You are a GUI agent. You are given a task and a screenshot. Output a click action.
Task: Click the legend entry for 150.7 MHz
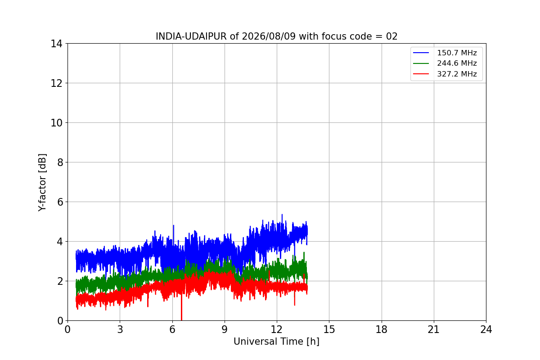457,53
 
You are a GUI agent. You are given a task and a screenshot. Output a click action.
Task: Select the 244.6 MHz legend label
457,63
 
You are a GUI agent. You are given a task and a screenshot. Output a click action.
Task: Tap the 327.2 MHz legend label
457,74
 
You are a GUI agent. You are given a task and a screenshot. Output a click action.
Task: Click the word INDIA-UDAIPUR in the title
191,36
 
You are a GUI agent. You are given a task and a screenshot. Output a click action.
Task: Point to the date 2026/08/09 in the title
269,36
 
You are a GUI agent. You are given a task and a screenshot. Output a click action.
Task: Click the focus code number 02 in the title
392,36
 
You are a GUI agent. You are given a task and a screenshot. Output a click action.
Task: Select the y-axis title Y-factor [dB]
42,183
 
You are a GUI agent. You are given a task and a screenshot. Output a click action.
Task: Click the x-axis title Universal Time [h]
276,342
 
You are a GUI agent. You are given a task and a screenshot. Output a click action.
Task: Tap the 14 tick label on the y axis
56,44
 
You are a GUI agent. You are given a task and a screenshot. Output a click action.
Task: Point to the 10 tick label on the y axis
56,123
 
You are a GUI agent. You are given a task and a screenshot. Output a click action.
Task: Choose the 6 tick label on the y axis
60,202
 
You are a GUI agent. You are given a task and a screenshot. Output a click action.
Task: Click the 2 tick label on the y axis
60,281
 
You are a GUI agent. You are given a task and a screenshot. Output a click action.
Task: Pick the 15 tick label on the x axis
329,329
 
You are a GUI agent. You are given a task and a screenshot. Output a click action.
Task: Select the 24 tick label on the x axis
486,329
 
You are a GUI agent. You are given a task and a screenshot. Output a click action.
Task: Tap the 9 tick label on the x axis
225,329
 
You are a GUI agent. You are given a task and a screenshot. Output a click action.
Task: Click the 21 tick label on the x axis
434,329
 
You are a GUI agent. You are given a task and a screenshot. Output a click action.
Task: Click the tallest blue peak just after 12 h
282,214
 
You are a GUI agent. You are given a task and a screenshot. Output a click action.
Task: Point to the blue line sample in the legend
421,53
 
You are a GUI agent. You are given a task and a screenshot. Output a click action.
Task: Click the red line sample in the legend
421,74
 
